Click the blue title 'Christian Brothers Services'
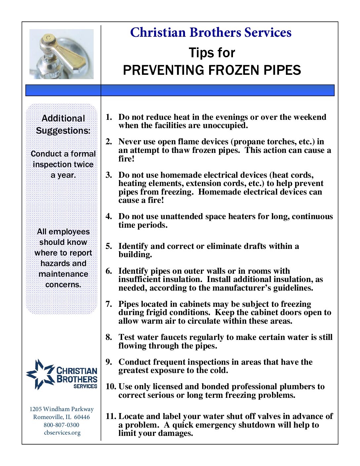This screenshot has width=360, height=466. (x=211, y=32)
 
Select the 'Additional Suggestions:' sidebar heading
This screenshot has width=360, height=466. (x=63, y=124)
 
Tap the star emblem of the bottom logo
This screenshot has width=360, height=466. (x=40, y=374)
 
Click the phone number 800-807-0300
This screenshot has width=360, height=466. (x=62, y=425)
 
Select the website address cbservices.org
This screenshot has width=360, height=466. (x=62, y=433)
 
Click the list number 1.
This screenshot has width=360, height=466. (x=109, y=117)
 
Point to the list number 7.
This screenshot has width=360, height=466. (x=109, y=304)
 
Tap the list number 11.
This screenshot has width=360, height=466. (x=111, y=416)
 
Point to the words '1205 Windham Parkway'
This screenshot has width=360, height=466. (x=62, y=409)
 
